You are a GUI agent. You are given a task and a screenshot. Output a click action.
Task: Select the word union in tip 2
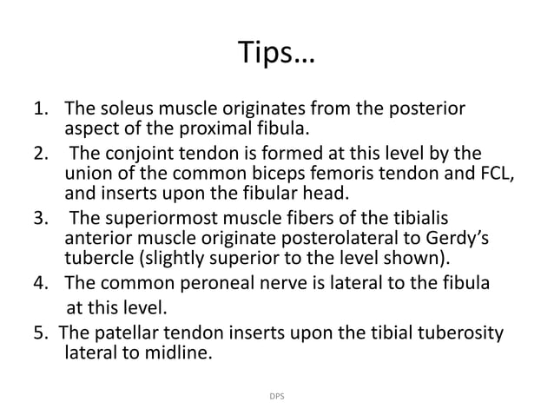pos(88,175)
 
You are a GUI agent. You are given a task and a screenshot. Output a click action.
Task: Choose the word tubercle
pos(97,255)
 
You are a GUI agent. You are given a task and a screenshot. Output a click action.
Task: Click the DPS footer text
pos(277,396)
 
